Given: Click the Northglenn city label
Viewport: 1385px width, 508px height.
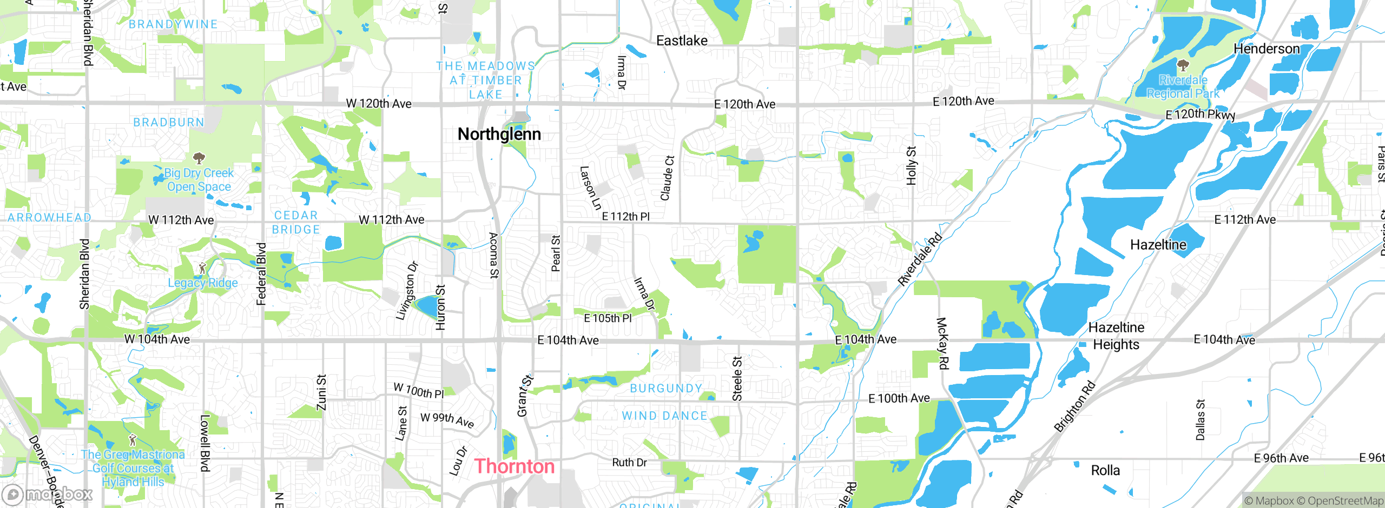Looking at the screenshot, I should [x=499, y=134].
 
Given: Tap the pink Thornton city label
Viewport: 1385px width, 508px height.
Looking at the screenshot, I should [x=515, y=466].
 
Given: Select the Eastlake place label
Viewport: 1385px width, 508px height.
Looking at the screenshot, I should [x=682, y=41].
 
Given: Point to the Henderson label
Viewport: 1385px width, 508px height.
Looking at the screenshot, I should [x=1266, y=49].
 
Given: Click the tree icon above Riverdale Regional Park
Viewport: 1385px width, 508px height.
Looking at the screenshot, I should [x=1183, y=66].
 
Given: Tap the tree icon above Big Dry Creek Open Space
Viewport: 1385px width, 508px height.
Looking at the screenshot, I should [x=199, y=158].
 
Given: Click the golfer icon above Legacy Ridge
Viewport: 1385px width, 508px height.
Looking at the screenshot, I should [x=202, y=269].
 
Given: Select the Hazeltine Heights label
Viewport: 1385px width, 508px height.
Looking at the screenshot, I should [x=1116, y=336].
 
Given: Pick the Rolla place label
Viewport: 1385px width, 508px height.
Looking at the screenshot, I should [x=1105, y=470].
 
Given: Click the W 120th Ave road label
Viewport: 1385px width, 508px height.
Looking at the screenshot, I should [x=379, y=103].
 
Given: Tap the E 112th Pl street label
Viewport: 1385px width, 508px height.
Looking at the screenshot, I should [x=626, y=216].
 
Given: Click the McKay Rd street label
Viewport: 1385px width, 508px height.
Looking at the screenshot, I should [x=942, y=344].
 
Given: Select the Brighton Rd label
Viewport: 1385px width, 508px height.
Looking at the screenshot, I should [x=1075, y=406].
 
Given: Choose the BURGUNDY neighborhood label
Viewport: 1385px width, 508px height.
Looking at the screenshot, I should [x=666, y=389].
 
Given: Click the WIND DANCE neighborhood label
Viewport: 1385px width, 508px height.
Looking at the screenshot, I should [x=664, y=416].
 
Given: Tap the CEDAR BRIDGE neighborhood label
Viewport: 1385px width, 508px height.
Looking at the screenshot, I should [x=296, y=222].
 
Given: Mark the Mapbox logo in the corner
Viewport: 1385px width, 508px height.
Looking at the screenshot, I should [x=47, y=494].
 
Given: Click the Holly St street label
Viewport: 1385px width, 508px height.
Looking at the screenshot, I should [x=912, y=165].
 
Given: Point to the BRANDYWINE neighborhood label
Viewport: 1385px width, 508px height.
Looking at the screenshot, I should [x=173, y=24].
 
